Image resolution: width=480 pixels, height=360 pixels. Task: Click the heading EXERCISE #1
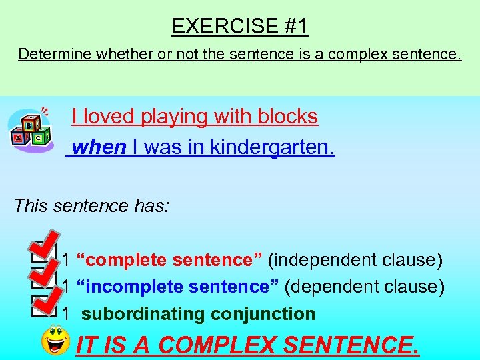[x=240, y=27]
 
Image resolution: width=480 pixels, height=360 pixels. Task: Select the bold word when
[x=99, y=147]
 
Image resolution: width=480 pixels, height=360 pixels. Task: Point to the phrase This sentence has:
[x=91, y=205]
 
